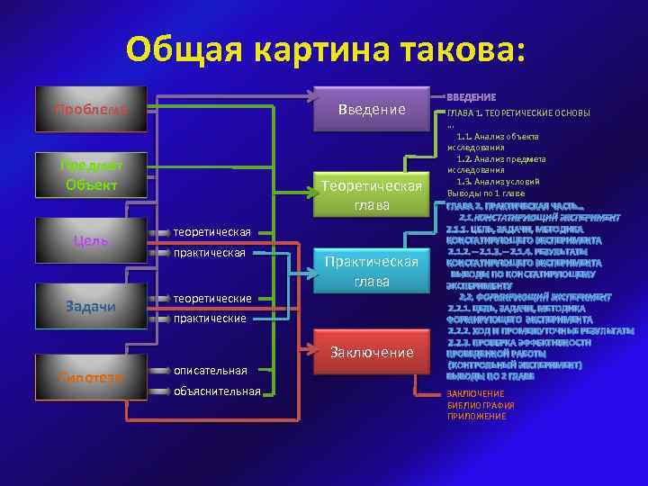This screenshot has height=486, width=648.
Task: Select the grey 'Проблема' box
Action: pyautogui.click(x=91, y=110)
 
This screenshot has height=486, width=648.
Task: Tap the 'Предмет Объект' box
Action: pyautogui.click(x=91, y=175)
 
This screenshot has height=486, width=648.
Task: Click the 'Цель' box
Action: pyautogui.click(x=91, y=240)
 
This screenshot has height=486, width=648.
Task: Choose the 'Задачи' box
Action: pyautogui.click(x=91, y=307)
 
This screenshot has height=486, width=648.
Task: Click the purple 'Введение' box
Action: pyautogui.click(x=371, y=110)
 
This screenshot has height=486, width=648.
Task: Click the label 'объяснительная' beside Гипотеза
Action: pyautogui.click(x=217, y=391)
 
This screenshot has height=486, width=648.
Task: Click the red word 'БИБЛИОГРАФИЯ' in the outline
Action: pyautogui.click(x=481, y=406)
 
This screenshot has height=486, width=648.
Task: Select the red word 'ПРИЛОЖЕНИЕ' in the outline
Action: pyautogui.click(x=476, y=417)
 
